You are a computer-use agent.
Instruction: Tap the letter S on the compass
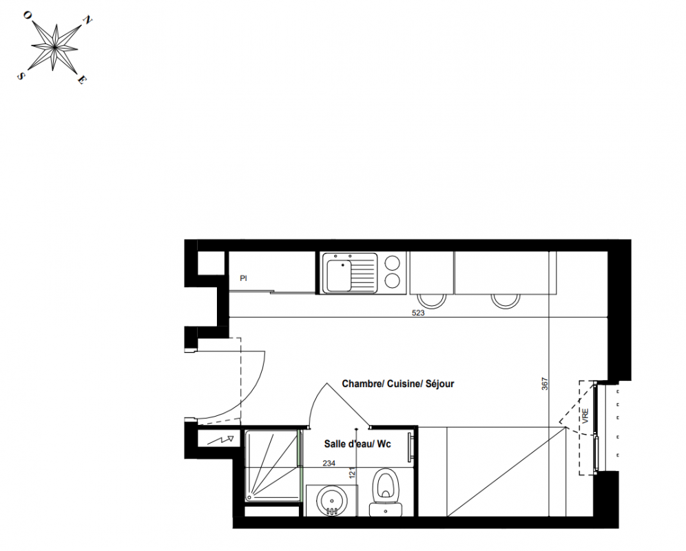click(20, 76)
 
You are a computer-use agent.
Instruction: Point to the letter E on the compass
click(82, 80)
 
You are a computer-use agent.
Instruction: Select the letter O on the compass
click(27, 15)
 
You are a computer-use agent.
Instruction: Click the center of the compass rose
click(54, 46)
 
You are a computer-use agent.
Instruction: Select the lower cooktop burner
click(393, 281)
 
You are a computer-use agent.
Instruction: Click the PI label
click(244, 278)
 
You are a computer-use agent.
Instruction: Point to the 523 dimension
click(418, 313)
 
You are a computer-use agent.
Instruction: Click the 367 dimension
click(545, 384)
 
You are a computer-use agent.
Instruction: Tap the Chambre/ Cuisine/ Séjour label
click(398, 384)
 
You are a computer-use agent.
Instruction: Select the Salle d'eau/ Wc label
click(357, 444)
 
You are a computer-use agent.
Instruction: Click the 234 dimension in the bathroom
click(329, 463)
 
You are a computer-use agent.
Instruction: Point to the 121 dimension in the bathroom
click(353, 472)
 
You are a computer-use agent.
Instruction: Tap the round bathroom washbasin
click(331, 501)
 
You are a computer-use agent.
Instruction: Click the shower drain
click(249, 497)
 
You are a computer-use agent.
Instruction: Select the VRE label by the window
click(585, 415)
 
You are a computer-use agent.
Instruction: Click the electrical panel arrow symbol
click(220, 439)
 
